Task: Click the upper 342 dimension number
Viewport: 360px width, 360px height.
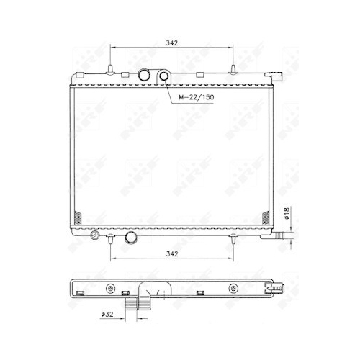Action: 171,43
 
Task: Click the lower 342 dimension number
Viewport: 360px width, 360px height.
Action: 171,253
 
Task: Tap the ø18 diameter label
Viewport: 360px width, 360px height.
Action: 287,213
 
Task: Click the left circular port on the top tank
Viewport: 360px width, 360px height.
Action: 148,76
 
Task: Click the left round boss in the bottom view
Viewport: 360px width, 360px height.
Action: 109,289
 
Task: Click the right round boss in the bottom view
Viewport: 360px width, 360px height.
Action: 233,289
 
